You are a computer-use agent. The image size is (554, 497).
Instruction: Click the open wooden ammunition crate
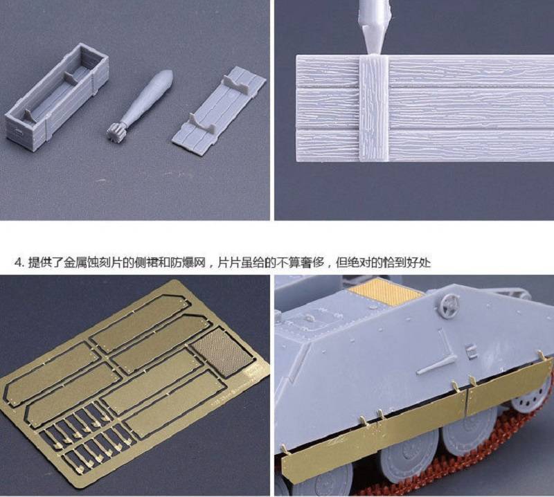[x=57, y=96]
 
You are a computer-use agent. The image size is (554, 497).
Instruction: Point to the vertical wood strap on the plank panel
[x=373, y=109]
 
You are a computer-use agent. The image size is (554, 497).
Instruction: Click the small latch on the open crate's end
[x=16, y=132]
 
